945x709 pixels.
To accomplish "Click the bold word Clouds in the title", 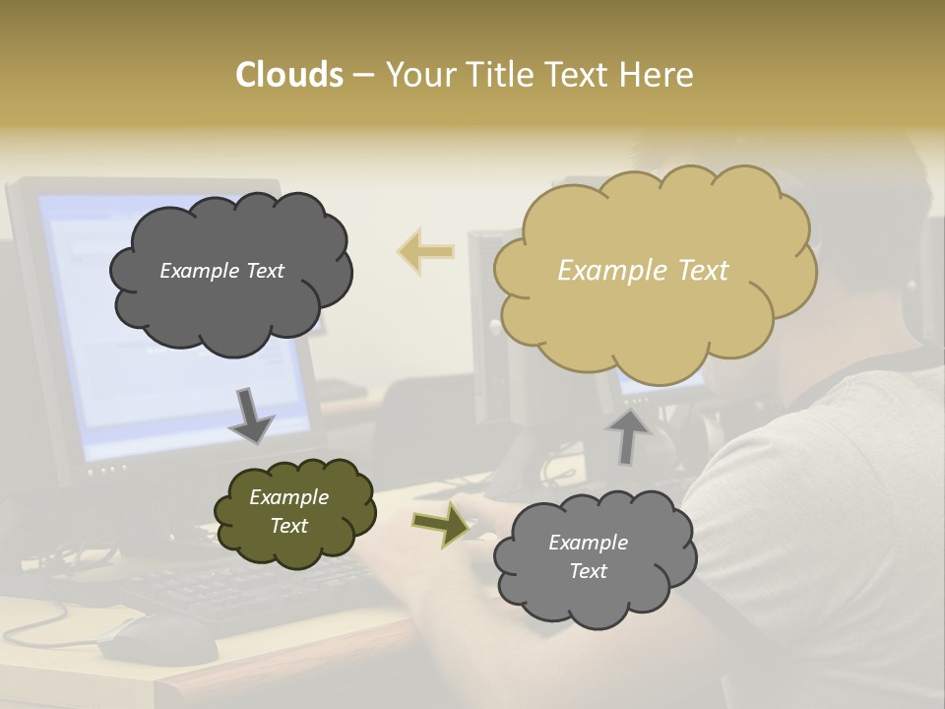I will (288, 75).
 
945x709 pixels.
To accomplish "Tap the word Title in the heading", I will (496, 75).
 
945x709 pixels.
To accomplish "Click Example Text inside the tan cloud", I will (643, 271).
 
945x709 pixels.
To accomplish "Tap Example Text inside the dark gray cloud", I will (221, 271).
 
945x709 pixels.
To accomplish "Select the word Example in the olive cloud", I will (288, 497).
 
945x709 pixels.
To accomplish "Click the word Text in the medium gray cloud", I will (588, 571).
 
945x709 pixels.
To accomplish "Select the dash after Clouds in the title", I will (362, 76).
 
